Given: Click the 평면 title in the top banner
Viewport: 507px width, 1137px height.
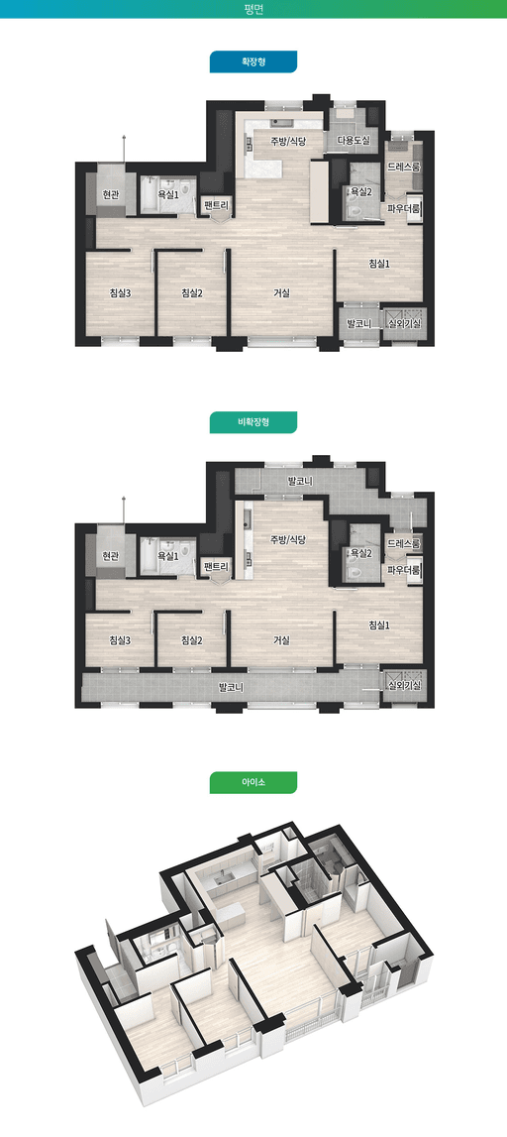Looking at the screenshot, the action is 253,9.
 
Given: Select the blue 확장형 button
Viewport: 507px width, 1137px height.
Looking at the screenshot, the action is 253,61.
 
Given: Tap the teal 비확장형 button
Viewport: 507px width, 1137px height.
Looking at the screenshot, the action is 253,422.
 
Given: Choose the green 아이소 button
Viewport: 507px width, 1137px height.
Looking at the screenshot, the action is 253,782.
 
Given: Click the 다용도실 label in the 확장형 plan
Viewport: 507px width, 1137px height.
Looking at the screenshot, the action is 354,141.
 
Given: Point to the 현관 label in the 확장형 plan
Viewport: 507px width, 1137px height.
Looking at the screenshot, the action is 110,194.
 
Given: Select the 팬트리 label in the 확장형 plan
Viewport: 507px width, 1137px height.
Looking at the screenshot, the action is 217,205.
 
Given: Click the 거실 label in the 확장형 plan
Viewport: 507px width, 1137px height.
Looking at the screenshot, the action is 281,293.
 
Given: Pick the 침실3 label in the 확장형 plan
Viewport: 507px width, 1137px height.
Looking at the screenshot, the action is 120,293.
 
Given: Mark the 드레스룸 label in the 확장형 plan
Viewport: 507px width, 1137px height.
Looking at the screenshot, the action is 404,167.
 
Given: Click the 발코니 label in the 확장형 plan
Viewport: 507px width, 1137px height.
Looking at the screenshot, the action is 359,323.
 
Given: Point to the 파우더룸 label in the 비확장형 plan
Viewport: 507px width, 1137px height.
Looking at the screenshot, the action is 404,570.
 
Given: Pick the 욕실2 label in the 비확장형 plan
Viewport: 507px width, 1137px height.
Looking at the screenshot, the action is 360,553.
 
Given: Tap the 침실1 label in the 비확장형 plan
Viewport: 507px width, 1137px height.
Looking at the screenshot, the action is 379,625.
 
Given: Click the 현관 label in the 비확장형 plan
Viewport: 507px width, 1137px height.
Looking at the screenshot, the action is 110,556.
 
